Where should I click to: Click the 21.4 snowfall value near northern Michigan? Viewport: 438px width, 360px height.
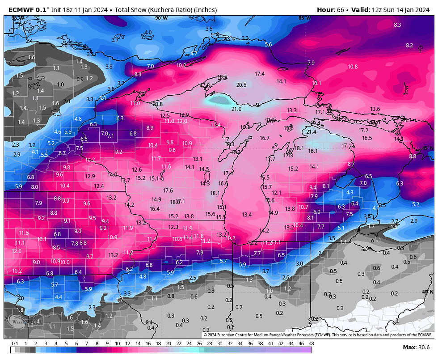(x=311, y=131)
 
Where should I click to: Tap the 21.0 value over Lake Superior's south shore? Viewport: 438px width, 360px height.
(x=236, y=109)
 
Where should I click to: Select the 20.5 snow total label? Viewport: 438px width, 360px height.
(x=241, y=85)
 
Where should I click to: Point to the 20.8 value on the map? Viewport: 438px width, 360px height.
(x=158, y=104)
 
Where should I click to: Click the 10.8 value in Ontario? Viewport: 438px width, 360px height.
(x=353, y=67)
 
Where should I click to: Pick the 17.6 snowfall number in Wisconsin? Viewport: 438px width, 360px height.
(x=168, y=190)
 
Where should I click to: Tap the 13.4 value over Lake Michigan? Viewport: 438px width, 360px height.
(x=247, y=214)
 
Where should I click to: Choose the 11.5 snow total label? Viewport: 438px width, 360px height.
(x=24, y=233)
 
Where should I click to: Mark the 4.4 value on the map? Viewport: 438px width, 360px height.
(x=59, y=296)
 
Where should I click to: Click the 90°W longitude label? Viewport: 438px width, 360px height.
(x=161, y=18)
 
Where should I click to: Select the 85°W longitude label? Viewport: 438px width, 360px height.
(x=304, y=18)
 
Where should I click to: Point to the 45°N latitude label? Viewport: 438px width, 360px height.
(x=428, y=148)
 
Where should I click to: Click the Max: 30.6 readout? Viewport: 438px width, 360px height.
(x=416, y=347)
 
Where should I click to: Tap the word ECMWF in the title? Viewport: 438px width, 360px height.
(x=21, y=9)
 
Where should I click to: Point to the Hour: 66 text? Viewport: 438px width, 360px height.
(x=330, y=9)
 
